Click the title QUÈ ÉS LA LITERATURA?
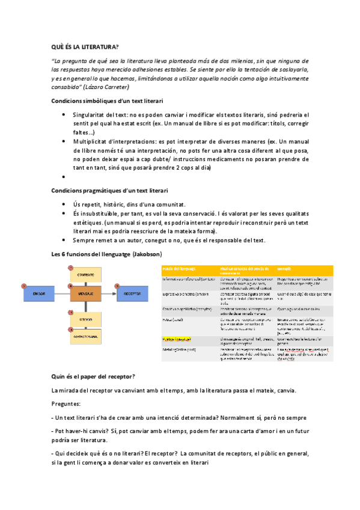coord(85,47)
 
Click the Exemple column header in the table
coord(286,269)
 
